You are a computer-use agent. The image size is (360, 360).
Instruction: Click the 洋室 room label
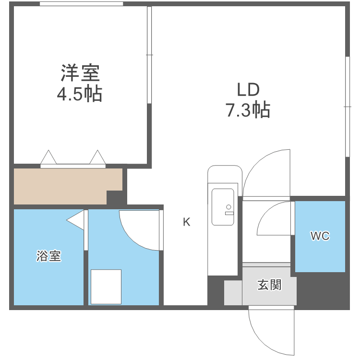click(x=80, y=73)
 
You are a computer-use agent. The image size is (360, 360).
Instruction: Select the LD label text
click(x=248, y=90)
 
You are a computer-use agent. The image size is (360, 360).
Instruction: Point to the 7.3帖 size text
click(x=248, y=110)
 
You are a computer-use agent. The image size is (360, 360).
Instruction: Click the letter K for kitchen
click(x=186, y=222)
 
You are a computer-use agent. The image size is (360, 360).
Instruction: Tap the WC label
click(x=320, y=236)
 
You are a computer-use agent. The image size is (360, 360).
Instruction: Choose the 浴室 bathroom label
click(x=48, y=256)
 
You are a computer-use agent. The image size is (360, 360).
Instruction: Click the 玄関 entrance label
click(x=269, y=285)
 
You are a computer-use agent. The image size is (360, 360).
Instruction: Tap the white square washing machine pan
click(x=106, y=287)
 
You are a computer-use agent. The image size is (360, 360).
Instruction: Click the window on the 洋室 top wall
click(x=81, y=4)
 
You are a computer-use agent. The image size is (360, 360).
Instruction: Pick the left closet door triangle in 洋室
click(x=48, y=158)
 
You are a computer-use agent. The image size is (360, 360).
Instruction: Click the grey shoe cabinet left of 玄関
click(x=233, y=292)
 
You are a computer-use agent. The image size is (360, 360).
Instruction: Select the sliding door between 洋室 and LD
click(x=149, y=55)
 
